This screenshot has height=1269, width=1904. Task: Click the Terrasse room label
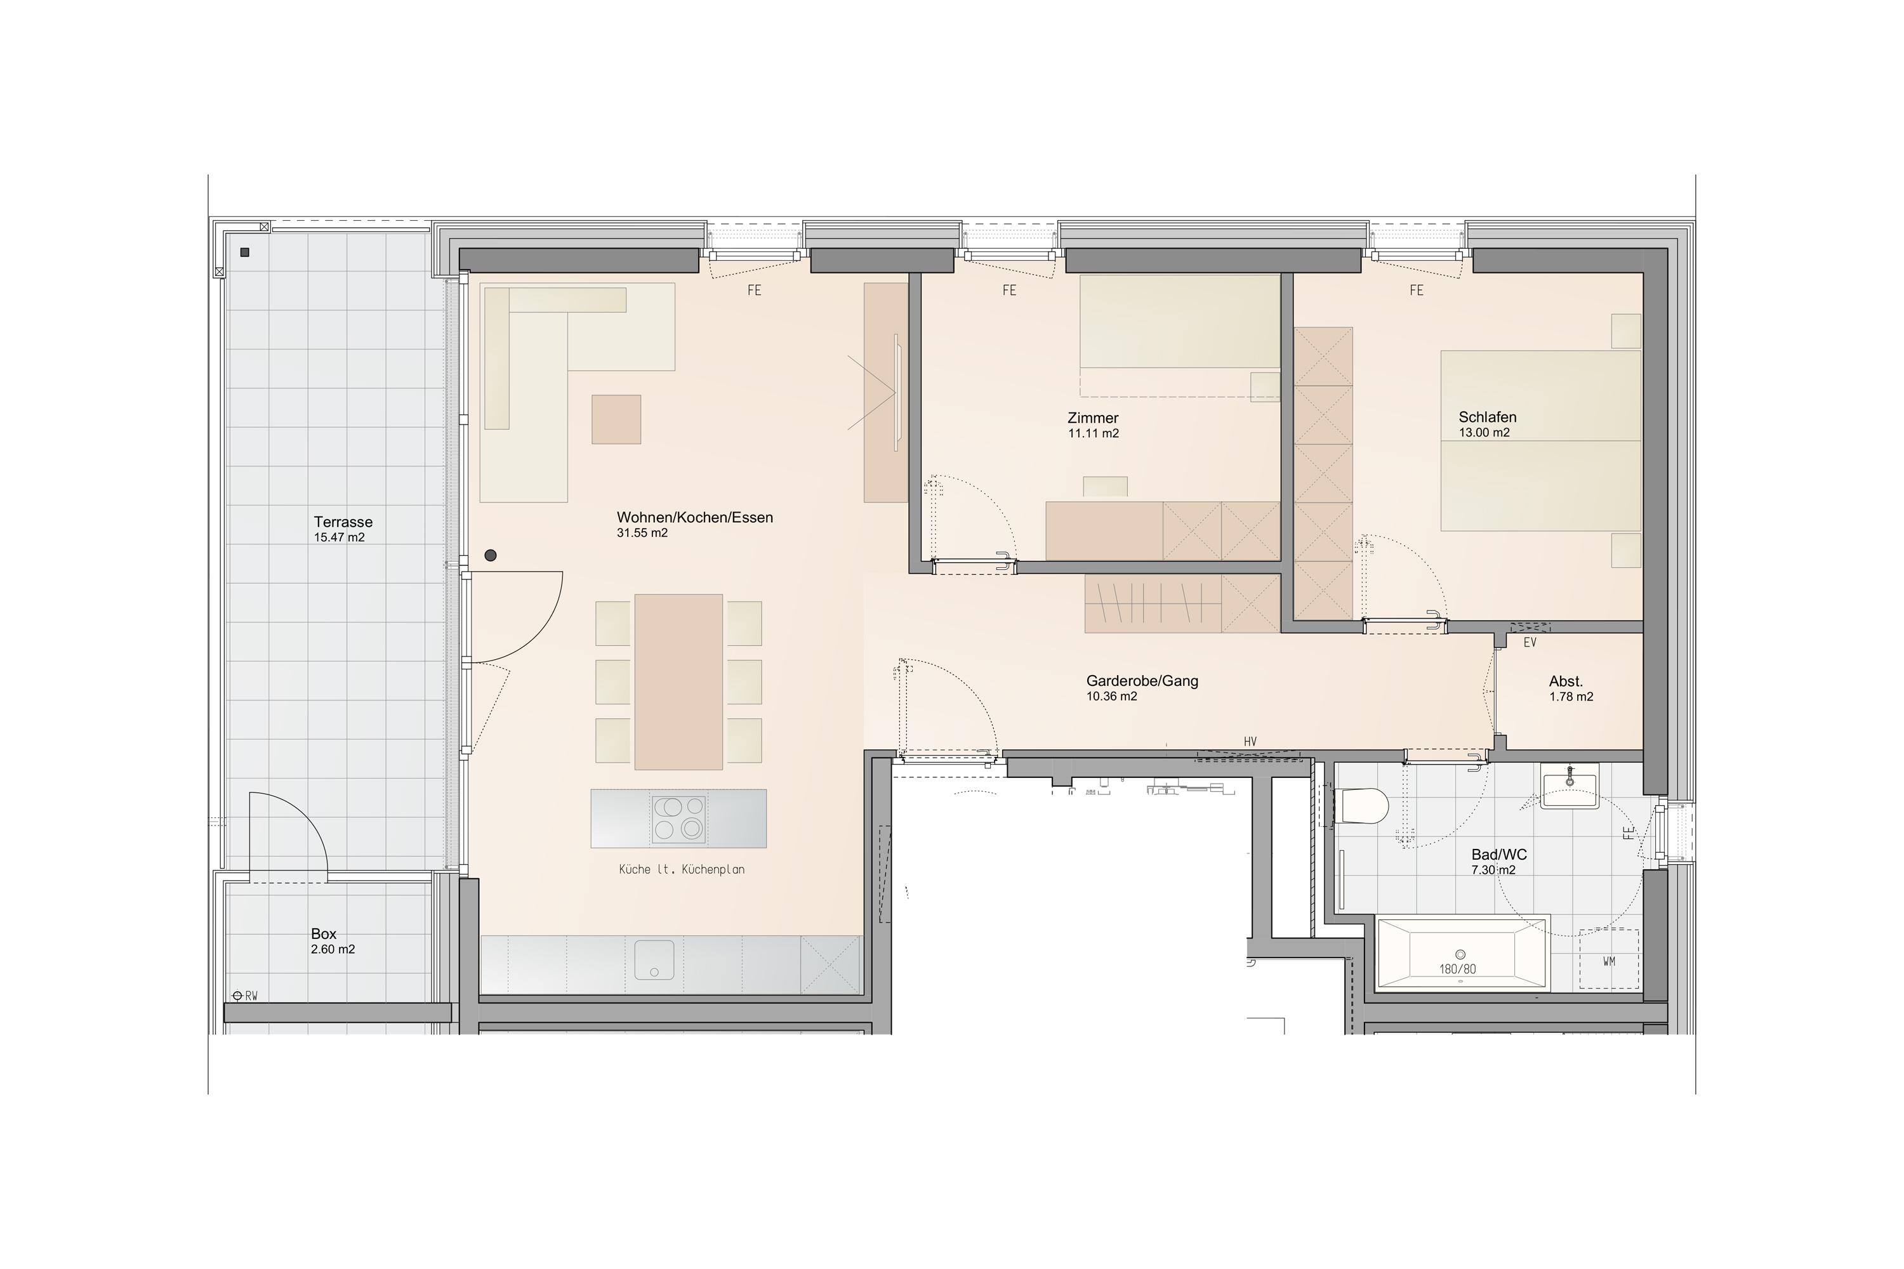(343, 522)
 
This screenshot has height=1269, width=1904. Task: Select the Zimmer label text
(1093, 418)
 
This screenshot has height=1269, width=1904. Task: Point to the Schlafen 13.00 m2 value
(1484, 433)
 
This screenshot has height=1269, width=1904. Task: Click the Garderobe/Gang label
(1142, 681)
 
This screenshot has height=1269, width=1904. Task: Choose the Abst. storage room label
(1566, 681)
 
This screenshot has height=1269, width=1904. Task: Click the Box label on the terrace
(324, 934)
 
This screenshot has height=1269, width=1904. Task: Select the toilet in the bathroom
(1364, 806)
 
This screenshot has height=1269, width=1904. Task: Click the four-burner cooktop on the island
(678, 819)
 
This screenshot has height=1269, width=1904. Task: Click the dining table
(678, 681)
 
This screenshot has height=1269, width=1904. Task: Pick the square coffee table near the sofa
(616, 419)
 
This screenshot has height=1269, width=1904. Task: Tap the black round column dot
(491, 555)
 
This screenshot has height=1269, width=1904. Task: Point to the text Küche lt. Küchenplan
(682, 870)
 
